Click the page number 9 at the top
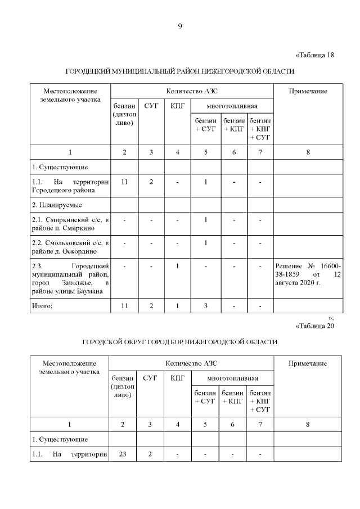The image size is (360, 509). (x=179, y=26)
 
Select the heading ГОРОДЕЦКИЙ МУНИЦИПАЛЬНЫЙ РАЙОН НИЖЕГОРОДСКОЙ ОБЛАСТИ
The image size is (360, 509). (x=180, y=72)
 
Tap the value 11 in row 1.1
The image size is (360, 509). (x=124, y=182)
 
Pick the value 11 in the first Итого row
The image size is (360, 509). (x=124, y=306)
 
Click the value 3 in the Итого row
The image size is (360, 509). (x=206, y=306)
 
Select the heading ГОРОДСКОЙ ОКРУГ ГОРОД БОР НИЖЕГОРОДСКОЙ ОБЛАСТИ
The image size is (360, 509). (x=180, y=342)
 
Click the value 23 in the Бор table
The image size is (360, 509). (x=123, y=454)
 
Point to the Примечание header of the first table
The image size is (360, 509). (x=308, y=92)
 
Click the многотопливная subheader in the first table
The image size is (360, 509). (x=232, y=106)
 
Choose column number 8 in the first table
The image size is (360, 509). (x=308, y=152)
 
